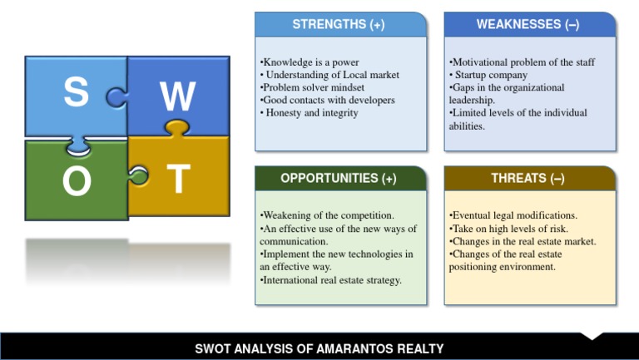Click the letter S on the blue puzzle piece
coord(76,93)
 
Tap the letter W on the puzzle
coord(178,98)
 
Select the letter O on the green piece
coord(77,182)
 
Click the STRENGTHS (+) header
coord(339,25)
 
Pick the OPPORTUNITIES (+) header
coord(339,179)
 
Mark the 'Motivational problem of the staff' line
coord(522,62)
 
